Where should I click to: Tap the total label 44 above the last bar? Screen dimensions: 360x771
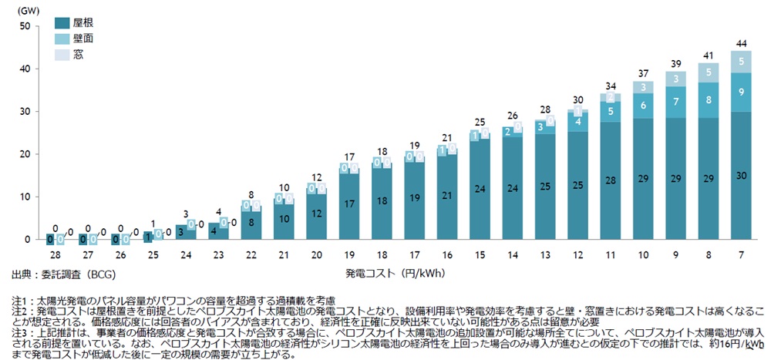741,43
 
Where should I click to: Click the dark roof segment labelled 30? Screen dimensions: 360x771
741,175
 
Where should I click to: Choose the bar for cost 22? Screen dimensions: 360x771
251,224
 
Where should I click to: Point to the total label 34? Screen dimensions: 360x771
611,86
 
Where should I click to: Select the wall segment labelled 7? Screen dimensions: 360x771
675,102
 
